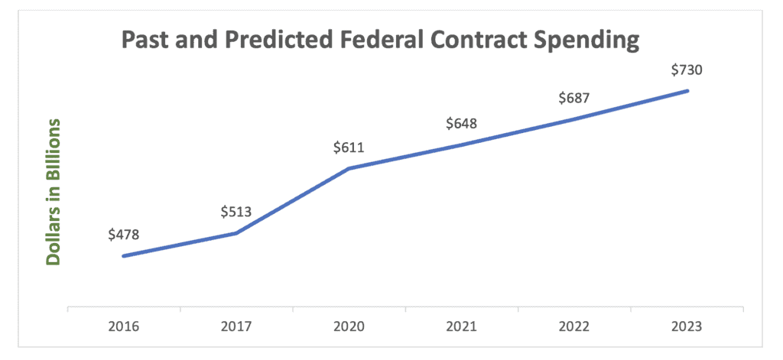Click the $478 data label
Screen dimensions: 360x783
(x=123, y=235)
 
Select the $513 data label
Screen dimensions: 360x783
(x=236, y=212)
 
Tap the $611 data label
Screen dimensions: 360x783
(x=348, y=148)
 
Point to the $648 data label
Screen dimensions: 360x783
(x=461, y=123)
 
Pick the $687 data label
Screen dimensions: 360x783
(x=574, y=98)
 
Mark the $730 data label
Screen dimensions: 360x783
(x=687, y=70)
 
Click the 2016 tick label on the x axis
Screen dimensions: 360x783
(x=123, y=326)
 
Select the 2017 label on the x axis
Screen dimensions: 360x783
(x=236, y=326)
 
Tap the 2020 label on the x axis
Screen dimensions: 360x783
(x=349, y=326)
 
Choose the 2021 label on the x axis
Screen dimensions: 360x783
(x=461, y=326)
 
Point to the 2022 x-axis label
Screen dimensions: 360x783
(x=574, y=326)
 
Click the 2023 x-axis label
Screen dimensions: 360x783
(x=687, y=326)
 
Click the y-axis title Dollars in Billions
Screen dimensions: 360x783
(x=53, y=191)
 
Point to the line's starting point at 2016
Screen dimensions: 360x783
(x=124, y=256)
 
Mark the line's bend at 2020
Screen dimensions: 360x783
(x=349, y=168)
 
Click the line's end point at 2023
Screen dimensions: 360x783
(x=687, y=91)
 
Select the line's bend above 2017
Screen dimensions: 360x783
(x=236, y=233)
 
